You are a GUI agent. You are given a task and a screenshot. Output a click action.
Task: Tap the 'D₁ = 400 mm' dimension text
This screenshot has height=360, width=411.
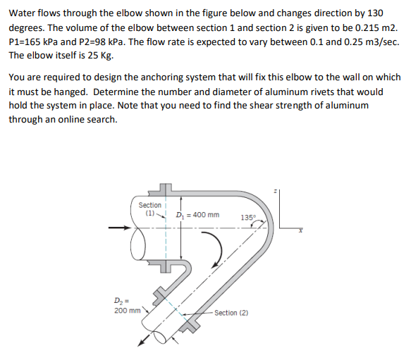tap(197, 215)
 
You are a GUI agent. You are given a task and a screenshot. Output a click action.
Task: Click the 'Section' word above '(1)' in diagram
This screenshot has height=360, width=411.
tap(149, 204)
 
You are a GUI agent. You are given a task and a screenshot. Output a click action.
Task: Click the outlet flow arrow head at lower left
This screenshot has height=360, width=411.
tap(141, 342)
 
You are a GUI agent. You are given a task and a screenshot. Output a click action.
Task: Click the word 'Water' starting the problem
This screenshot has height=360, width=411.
tap(23, 12)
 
